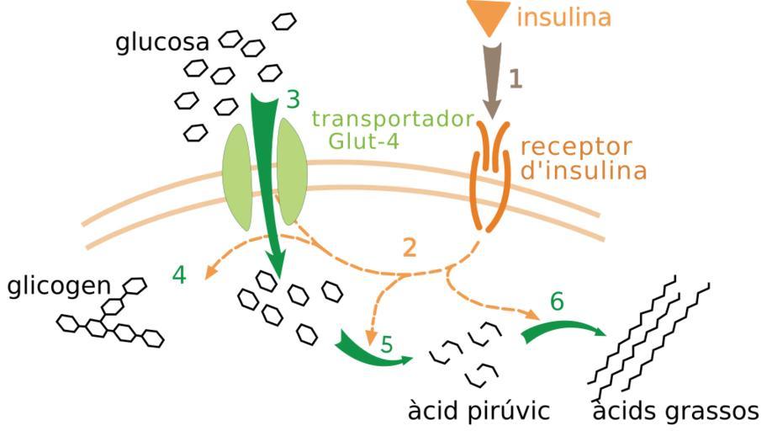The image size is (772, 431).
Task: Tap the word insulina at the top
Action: (x=564, y=17)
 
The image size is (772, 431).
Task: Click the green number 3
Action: (x=292, y=99)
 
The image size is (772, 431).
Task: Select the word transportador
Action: (x=393, y=119)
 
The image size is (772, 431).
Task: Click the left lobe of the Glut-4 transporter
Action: (x=237, y=176)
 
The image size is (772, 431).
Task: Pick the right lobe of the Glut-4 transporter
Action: (x=292, y=172)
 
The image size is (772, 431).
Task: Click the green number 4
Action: (x=179, y=275)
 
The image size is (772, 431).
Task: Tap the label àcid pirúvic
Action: (x=479, y=412)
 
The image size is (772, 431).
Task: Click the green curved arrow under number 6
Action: (x=561, y=328)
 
